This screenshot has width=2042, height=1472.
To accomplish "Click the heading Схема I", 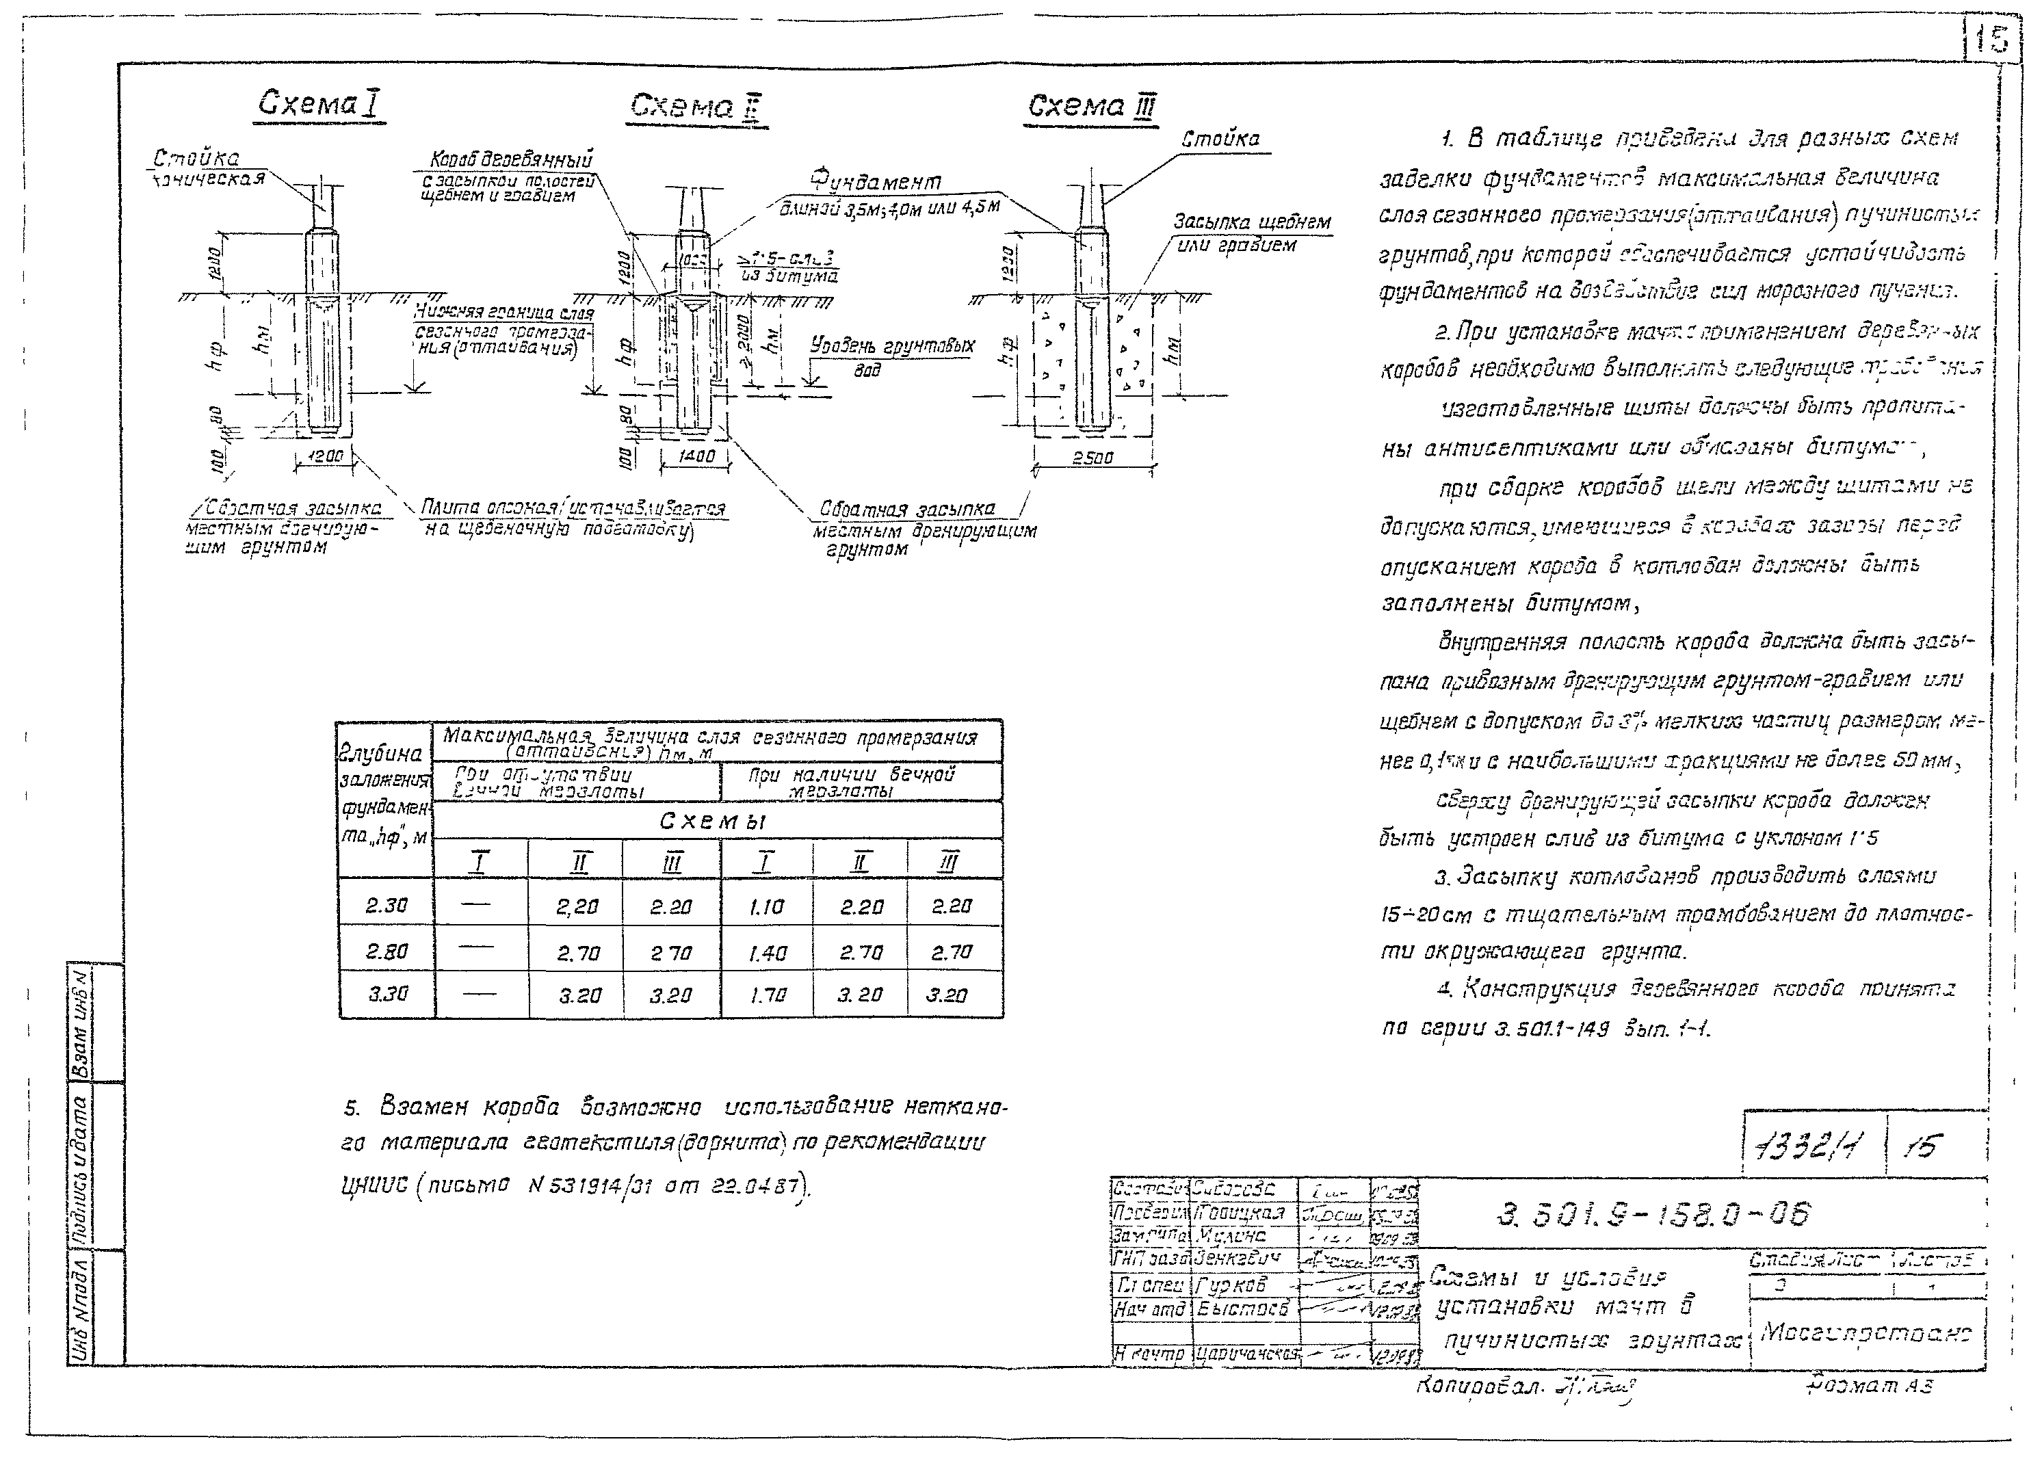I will click(x=319, y=105).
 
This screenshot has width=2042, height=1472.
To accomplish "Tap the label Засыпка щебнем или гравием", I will click(x=1251, y=233).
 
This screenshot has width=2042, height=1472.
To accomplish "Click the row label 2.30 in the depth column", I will click(x=387, y=906).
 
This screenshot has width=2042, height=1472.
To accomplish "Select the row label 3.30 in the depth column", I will click(x=387, y=994).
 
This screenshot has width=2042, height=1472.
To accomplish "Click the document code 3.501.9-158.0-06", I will click(x=1653, y=1215).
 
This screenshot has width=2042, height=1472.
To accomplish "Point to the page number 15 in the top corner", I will click(x=1991, y=40).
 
